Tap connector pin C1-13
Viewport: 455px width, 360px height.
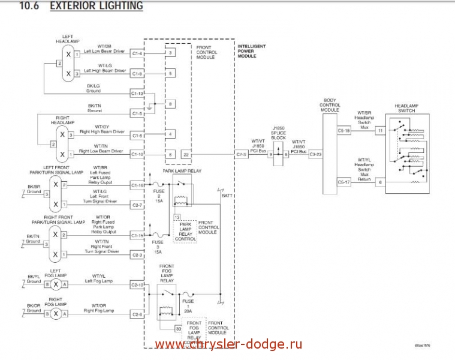(137, 94)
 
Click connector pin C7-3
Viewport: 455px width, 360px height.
(241, 154)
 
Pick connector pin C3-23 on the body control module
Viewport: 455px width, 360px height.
(315, 154)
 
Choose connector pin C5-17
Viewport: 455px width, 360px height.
(344, 182)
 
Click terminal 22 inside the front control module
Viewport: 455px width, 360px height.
(186, 154)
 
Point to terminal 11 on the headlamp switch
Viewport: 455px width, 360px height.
(380, 130)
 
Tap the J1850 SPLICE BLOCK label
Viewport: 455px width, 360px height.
(279, 133)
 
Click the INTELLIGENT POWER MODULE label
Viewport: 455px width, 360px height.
(252, 51)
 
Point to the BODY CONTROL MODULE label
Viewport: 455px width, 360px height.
(330, 105)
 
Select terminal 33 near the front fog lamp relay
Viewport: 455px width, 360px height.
(178, 329)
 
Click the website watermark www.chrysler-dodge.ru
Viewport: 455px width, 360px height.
(228, 344)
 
